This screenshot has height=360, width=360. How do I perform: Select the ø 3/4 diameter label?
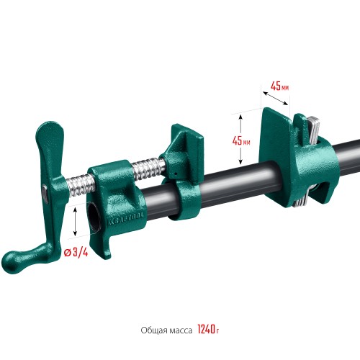pos(77,254)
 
